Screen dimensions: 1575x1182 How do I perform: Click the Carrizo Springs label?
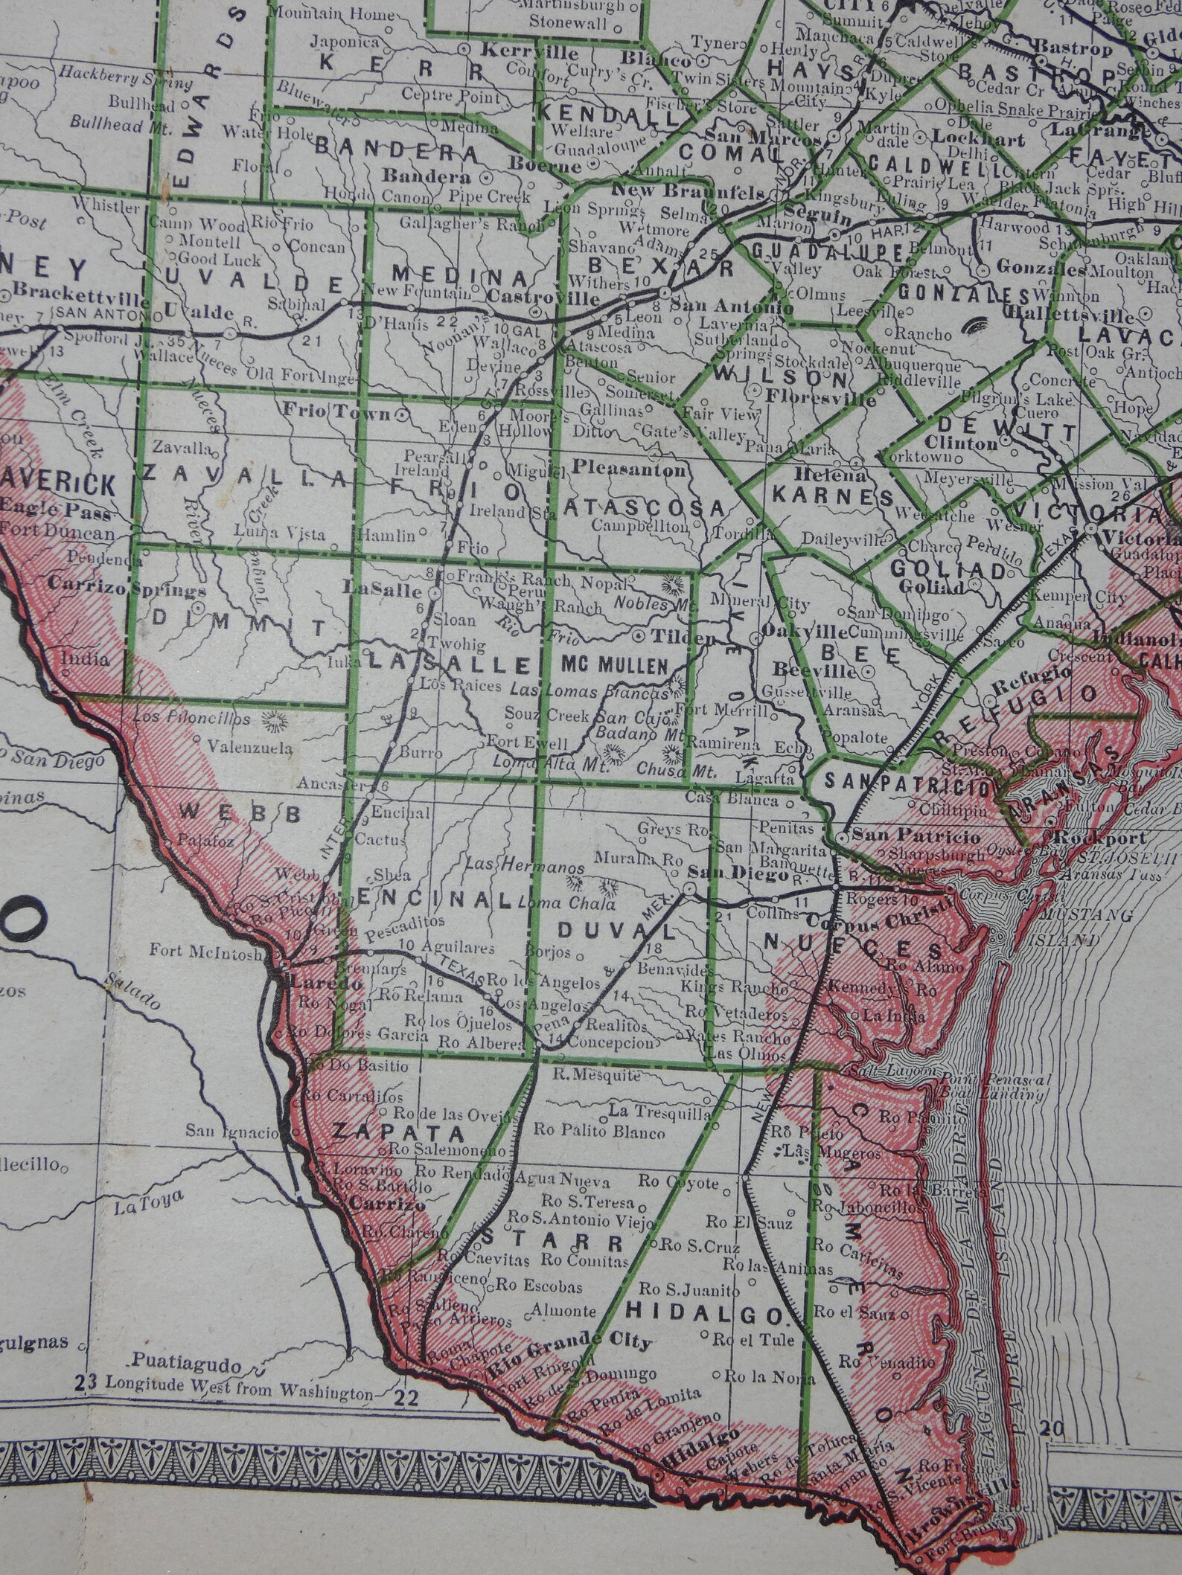127,591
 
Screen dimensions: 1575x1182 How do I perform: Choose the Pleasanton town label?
629,470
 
